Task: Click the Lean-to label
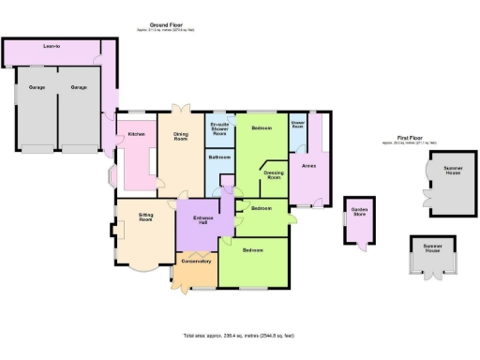[39, 44]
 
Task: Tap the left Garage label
[36, 87]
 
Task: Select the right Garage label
[79, 87]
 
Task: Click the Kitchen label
[136, 134]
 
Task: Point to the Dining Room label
[181, 135]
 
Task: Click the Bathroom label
[219, 157]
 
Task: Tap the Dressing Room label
[275, 174]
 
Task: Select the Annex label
[308, 166]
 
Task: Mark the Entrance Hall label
[204, 221]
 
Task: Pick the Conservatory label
[196, 261]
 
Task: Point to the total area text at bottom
[239, 335]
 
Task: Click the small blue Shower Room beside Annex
[298, 123]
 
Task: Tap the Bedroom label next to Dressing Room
[262, 127]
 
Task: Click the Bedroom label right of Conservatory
[253, 250]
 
